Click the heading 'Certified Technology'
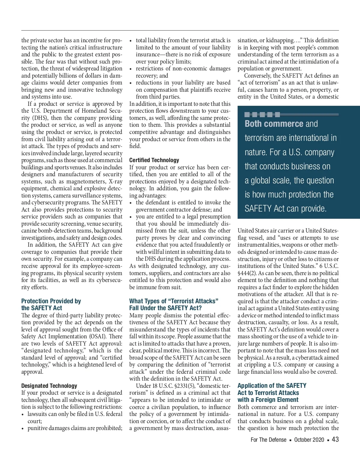[x=154, y=160]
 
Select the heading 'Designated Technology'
[x=49, y=386]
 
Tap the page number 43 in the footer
[x=335, y=439]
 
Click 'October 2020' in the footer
[x=309, y=440]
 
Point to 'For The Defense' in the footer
[x=268, y=440]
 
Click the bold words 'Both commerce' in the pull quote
[x=274, y=124]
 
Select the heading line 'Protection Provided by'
[x=51, y=301]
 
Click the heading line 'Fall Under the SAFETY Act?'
[x=165, y=308]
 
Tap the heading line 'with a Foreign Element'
[x=268, y=399]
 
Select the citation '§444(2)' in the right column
[x=246, y=273]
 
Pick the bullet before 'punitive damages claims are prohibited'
[x=23, y=429]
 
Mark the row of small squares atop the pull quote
[x=262, y=114]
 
